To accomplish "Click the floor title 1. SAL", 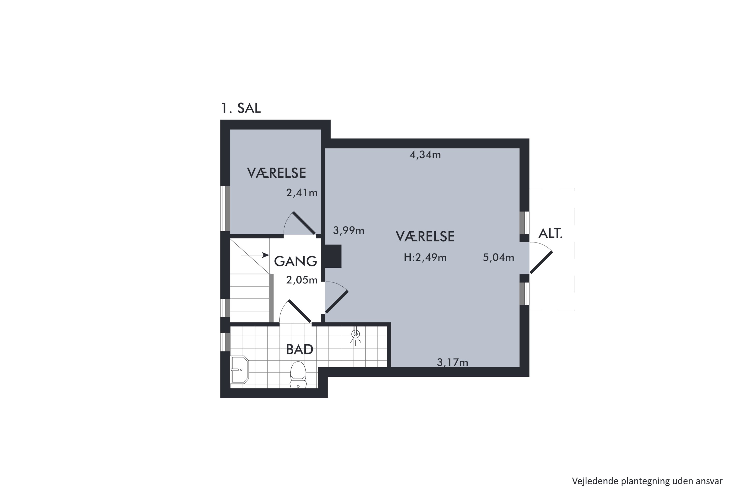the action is coord(241,108).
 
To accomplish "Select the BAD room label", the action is coord(299,350).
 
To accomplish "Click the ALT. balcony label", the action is coord(550,234).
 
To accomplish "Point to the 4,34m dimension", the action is coord(425,155).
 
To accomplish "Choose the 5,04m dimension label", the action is coord(498,257).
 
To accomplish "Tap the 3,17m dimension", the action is coord(452,362).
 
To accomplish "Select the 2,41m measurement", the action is coord(302,193).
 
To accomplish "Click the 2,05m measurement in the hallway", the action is coord(302,280).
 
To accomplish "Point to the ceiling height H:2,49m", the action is coord(425,257).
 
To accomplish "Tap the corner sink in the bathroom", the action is coord(239,370).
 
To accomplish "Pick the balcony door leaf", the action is coord(541,262).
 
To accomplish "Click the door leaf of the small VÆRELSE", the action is coord(304,223).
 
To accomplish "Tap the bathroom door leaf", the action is coord(300,311).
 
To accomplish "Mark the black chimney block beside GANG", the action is coord(333,256).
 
